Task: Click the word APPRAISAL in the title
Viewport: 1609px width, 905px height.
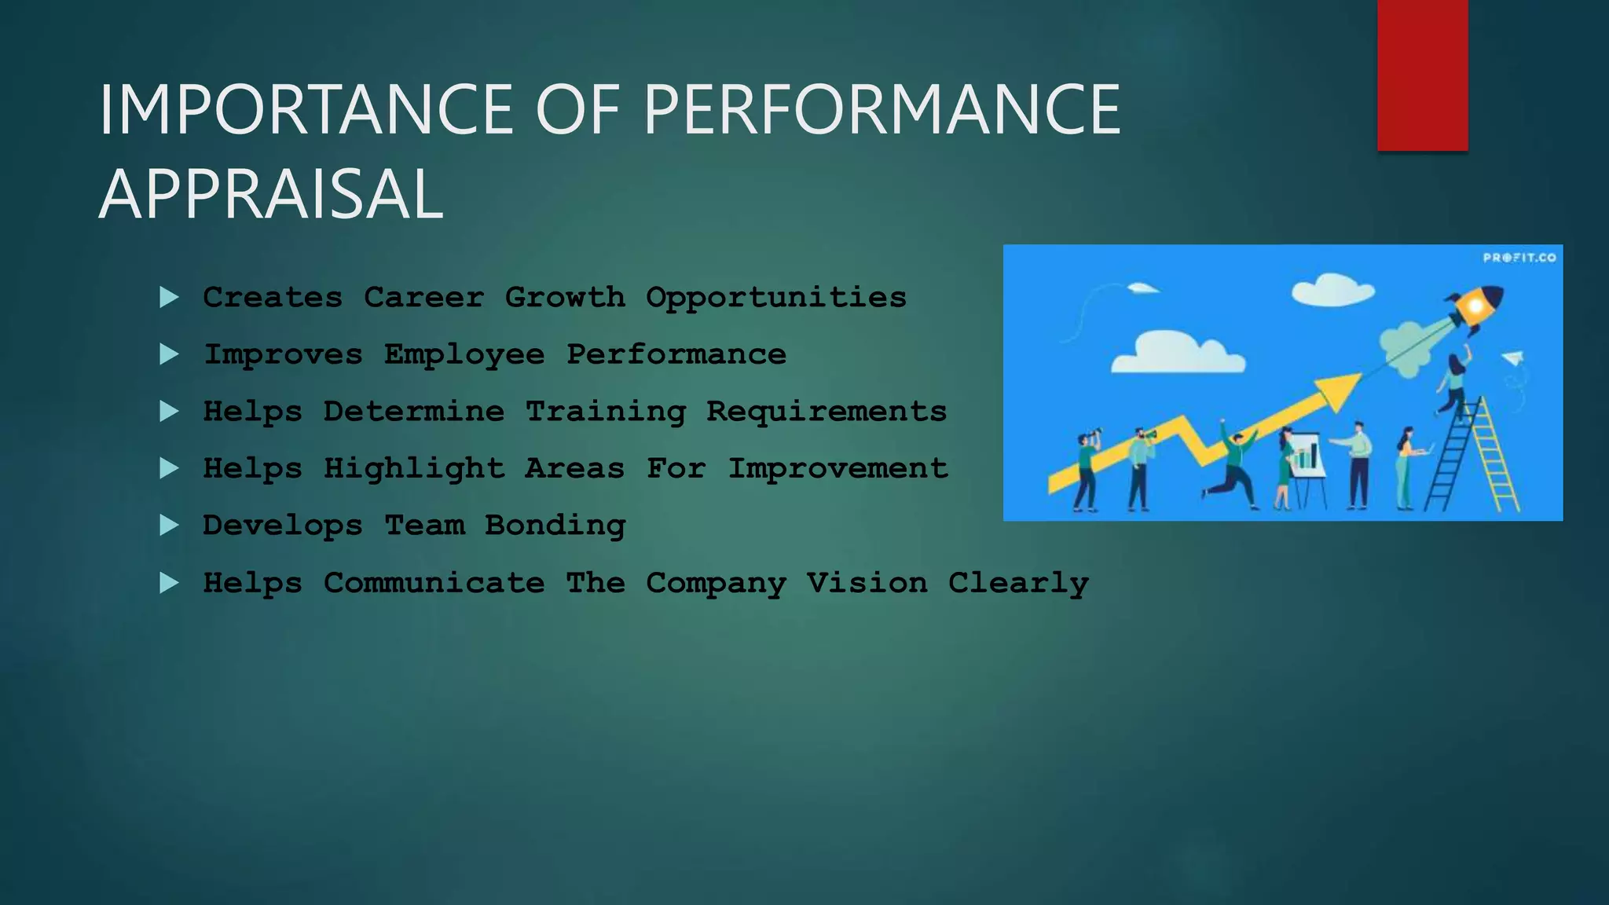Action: [x=271, y=194]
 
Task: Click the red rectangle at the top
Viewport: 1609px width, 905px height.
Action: [x=1422, y=75]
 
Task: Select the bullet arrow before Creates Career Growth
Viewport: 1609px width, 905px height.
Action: [x=169, y=298]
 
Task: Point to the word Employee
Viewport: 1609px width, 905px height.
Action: [x=464, y=355]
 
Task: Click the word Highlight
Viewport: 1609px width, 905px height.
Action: [x=414, y=469]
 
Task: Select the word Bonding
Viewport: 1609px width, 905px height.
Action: [x=555, y=526]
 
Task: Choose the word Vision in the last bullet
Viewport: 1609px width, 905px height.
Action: [x=867, y=583]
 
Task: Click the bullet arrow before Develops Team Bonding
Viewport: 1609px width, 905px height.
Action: [x=169, y=526]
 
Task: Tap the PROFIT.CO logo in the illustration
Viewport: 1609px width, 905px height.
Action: [x=1519, y=258]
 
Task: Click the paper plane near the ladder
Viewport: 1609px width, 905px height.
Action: [x=1513, y=358]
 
